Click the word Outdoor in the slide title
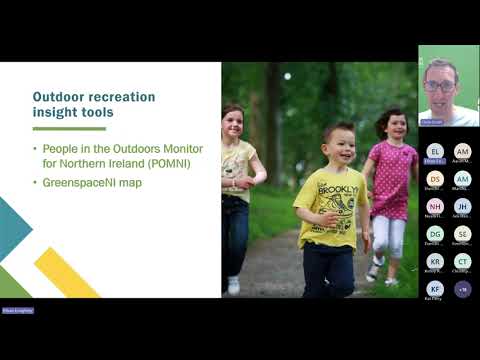[x=59, y=97]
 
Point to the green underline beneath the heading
[x=68, y=128]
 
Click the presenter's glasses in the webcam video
[x=439, y=85]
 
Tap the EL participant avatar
[x=434, y=151]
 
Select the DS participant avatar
[x=434, y=178]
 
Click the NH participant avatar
[x=434, y=206]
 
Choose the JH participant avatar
[x=462, y=206]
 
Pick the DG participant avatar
[x=434, y=233]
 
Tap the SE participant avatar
[x=462, y=233]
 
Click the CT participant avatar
[x=462, y=261]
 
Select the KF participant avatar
[x=434, y=288]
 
